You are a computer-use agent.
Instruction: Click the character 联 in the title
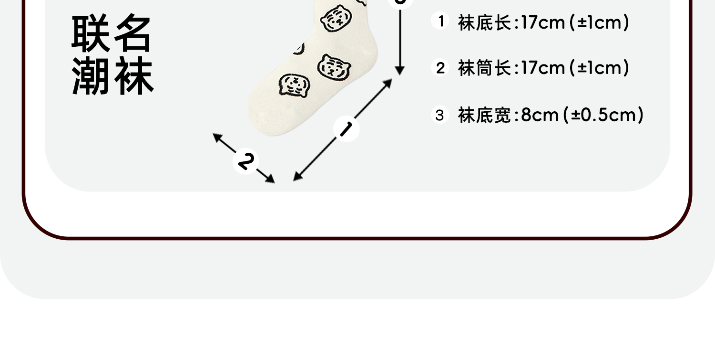click(x=92, y=33)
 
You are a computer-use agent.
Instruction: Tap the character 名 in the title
click(x=133, y=33)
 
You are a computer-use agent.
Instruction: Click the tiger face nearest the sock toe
click(x=292, y=85)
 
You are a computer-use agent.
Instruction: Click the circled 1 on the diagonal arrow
click(x=347, y=129)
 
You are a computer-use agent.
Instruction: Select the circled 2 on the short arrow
click(x=245, y=161)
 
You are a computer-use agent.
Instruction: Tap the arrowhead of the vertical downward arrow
click(x=400, y=71)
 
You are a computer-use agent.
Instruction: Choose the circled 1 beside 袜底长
click(x=440, y=21)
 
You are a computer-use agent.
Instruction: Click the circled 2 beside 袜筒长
click(x=440, y=68)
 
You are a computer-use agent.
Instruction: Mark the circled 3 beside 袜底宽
click(x=440, y=115)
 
